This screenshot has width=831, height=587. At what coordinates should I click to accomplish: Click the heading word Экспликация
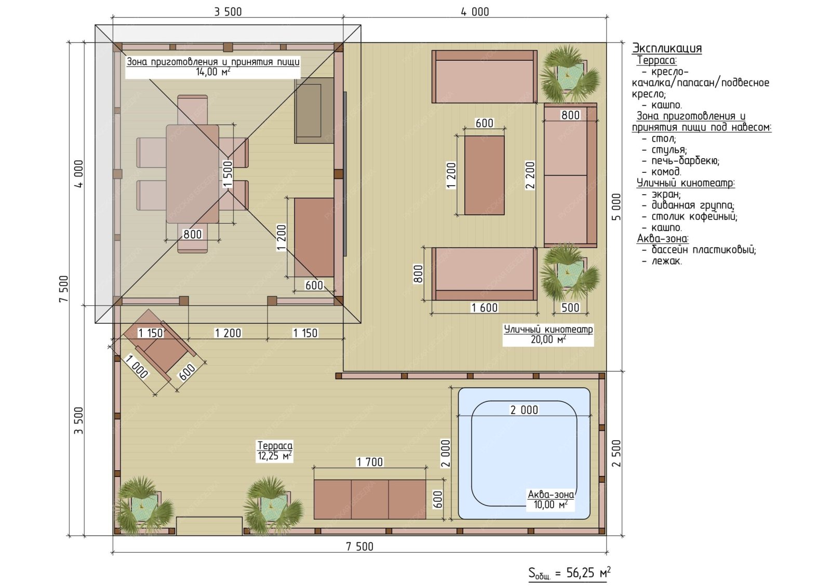pos(667,48)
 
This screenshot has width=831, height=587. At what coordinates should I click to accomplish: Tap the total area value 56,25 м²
pos(588,573)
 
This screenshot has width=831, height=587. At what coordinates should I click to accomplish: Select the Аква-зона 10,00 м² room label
pos(551,499)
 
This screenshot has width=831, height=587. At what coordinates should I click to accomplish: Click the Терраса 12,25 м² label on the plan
pos(275,451)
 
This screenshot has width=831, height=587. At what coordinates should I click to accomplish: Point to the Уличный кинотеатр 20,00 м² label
pos(548,334)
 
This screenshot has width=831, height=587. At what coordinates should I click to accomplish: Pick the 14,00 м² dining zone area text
pos(213,72)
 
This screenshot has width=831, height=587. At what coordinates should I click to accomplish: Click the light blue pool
pos(524,453)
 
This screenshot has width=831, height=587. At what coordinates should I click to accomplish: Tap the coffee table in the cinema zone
pos(484,175)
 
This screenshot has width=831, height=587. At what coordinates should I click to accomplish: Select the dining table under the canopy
pos(192,174)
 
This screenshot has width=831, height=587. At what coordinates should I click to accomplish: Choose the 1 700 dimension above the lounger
pos(369,462)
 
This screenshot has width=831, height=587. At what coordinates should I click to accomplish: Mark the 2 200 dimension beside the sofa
pos(530,175)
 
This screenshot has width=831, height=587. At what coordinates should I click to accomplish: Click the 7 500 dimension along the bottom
pos(359,546)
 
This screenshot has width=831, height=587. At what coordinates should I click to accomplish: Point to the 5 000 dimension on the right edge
pos(616,207)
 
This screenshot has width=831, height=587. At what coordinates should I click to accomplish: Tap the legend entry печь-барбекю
pos(685,160)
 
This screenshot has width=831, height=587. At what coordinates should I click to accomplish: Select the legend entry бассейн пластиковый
pos(703,250)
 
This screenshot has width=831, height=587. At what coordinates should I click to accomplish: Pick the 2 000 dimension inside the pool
pos(524,409)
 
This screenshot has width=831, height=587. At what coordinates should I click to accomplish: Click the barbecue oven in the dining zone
pos(314,110)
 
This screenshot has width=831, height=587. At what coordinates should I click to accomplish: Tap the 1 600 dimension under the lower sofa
pos(484,307)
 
